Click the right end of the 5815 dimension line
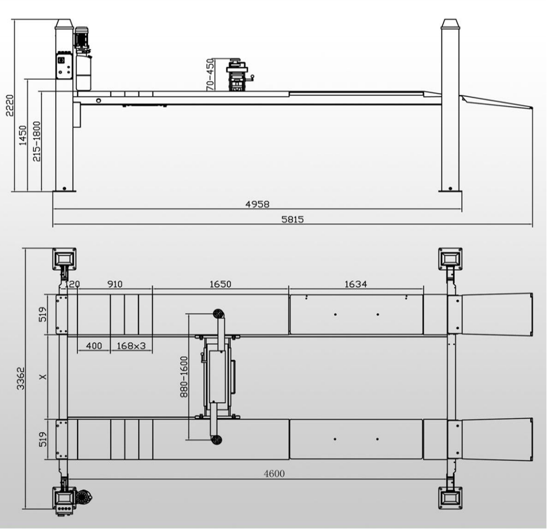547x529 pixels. (x=532, y=224)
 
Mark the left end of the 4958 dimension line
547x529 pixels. (x=53, y=209)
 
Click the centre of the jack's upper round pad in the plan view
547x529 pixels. (x=218, y=314)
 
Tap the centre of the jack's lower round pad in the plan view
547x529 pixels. (x=217, y=440)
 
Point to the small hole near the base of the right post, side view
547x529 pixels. (x=451, y=188)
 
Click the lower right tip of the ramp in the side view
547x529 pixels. (x=532, y=108)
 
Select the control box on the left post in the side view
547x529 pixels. (x=64, y=66)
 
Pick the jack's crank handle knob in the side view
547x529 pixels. (x=253, y=77)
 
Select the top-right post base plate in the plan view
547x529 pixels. (x=451, y=258)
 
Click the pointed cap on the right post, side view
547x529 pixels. (x=449, y=24)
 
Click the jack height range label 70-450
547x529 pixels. (x=210, y=74)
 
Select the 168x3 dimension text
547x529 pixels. (x=131, y=346)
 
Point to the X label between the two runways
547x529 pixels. (x=42, y=377)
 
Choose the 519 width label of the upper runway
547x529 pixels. (x=42, y=315)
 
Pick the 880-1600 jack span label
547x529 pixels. (x=184, y=376)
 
